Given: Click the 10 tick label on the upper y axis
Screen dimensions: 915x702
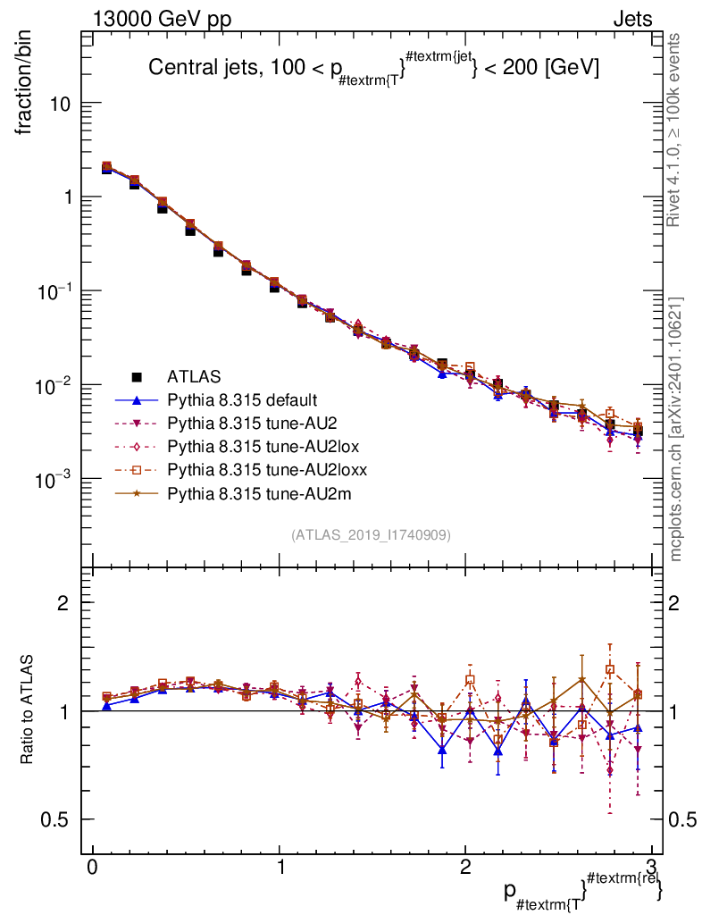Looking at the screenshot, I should click(60, 104).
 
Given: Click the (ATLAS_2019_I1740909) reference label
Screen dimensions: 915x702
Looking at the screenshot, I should click(371, 535).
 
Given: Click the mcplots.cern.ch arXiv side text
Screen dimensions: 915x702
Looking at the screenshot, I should click(676, 429).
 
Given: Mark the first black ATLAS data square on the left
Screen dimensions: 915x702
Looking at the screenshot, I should click(107, 168).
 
